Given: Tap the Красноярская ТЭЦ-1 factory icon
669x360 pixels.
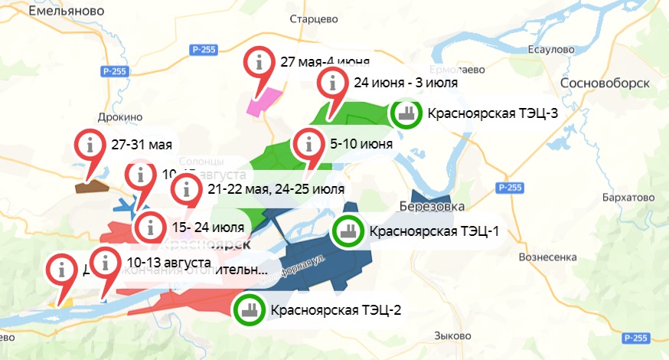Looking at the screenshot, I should pyautogui.click(x=348, y=231).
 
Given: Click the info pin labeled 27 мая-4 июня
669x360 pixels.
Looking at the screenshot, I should pyautogui.click(x=260, y=61).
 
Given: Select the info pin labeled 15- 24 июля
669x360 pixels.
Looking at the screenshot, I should pyautogui.click(x=150, y=227).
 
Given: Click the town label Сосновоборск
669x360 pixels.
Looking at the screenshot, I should pyautogui.click(x=605, y=83).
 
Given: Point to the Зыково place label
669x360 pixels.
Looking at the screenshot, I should pyautogui.click(x=451, y=336).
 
